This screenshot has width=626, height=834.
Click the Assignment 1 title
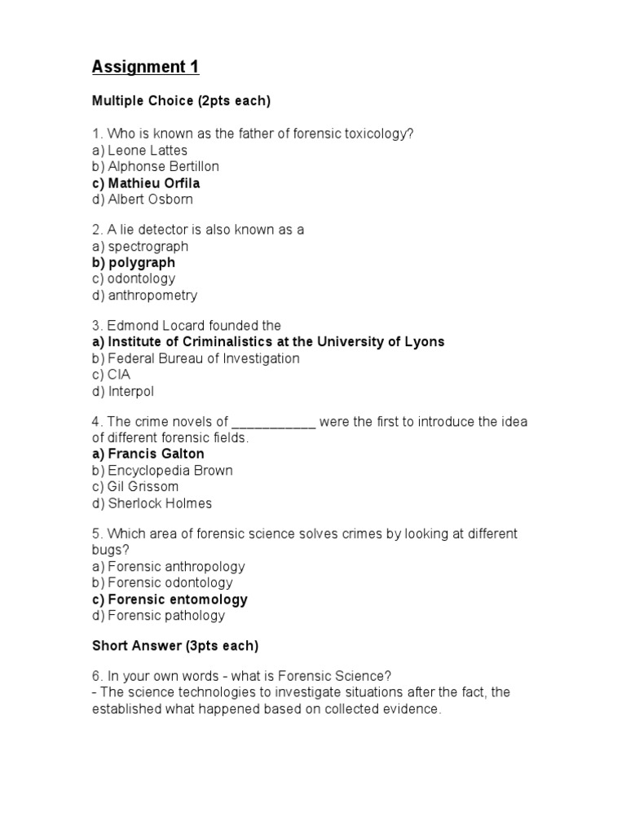coord(145,68)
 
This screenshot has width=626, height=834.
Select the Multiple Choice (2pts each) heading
coord(180,102)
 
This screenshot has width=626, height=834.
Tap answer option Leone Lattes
coord(139,151)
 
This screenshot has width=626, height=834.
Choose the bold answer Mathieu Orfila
coord(146,183)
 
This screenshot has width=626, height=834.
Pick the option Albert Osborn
coord(143,200)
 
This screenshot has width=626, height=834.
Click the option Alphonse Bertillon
coord(156,167)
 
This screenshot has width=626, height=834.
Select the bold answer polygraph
coord(134,263)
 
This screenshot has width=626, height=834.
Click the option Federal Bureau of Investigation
coord(196,359)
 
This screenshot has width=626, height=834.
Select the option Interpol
coord(123,392)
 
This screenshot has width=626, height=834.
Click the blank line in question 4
coord(274,423)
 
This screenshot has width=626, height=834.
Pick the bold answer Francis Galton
coord(148,454)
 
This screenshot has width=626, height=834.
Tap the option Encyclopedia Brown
coord(162,471)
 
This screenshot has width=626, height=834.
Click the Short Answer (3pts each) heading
coord(175,647)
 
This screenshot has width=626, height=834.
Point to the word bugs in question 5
coord(106,551)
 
